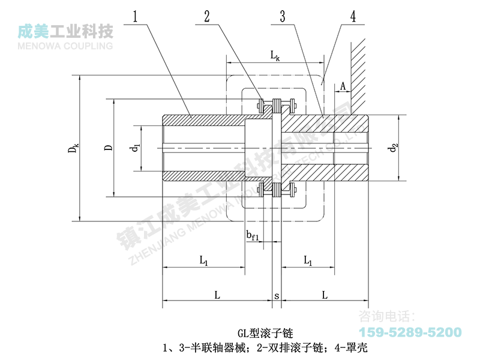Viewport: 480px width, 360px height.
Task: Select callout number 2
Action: (x=207, y=16)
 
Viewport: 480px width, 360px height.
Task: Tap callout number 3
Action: (x=281, y=16)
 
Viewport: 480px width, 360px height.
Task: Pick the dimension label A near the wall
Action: (x=343, y=86)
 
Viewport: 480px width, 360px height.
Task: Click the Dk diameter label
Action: (x=73, y=148)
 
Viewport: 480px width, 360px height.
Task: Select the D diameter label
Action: (x=107, y=148)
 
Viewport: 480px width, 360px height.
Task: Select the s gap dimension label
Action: (x=277, y=296)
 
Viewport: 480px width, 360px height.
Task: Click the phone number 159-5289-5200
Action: (x=410, y=332)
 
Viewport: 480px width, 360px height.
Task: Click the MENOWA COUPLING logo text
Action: (x=66, y=45)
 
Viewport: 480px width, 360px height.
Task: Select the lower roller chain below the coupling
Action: (x=277, y=191)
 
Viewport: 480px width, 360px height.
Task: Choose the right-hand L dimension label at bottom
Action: (x=324, y=296)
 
